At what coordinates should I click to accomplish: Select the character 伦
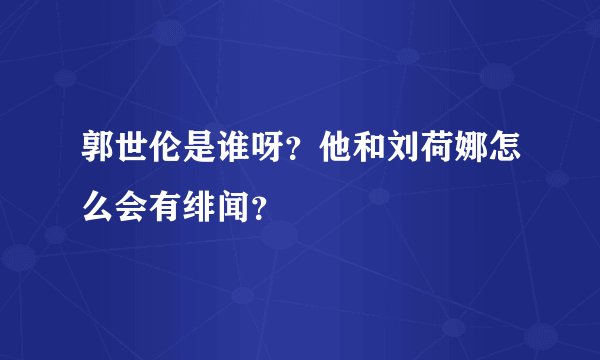click(x=166, y=155)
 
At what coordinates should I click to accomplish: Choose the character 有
click(x=166, y=205)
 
